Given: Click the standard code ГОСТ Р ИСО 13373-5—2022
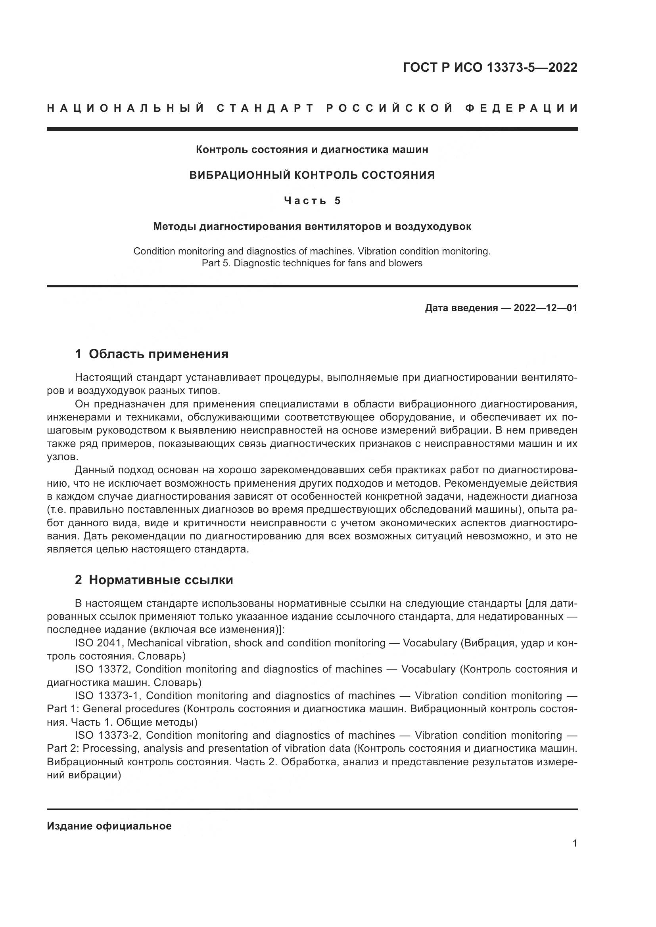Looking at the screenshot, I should pyautogui.click(x=489, y=67).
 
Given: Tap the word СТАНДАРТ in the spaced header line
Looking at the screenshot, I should pyautogui.click(x=265, y=108).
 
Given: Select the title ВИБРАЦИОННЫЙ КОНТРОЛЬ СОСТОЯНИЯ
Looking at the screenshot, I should pyautogui.click(x=312, y=175).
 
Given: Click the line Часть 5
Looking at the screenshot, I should pyautogui.click(x=312, y=201).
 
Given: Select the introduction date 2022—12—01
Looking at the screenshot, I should pyautogui.click(x=545, y=308).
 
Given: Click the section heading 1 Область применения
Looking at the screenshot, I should pyautogui.click(x=152, y=354).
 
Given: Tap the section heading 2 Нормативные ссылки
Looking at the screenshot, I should pyautogui.click(x=154, y=580).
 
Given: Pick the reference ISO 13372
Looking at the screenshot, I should pyautogui.click(x=102, y=669).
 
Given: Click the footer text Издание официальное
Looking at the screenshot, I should pyautogui.click(x=109, y=826).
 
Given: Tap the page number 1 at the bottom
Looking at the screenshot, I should pyautogui.click(x=574, y=844).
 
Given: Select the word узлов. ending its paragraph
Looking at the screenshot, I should pyautogui.click(x=62, y=457).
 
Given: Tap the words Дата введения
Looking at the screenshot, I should pyautogui.click(x=461, y=308).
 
